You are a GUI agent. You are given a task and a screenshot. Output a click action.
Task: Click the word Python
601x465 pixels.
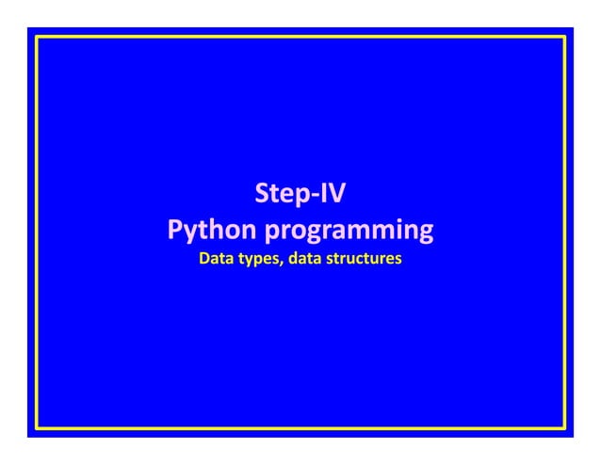click(x=210, y=230)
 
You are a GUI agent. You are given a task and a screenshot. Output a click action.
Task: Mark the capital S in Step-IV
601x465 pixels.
click(x=263, y=196)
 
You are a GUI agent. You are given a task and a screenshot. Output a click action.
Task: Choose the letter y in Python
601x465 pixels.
click(x=192, y=232)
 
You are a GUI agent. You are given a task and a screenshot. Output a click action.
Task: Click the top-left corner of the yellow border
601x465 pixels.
click(x=37, y=37)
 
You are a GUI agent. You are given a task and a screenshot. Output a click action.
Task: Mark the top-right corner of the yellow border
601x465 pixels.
click(x=564, y=37)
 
